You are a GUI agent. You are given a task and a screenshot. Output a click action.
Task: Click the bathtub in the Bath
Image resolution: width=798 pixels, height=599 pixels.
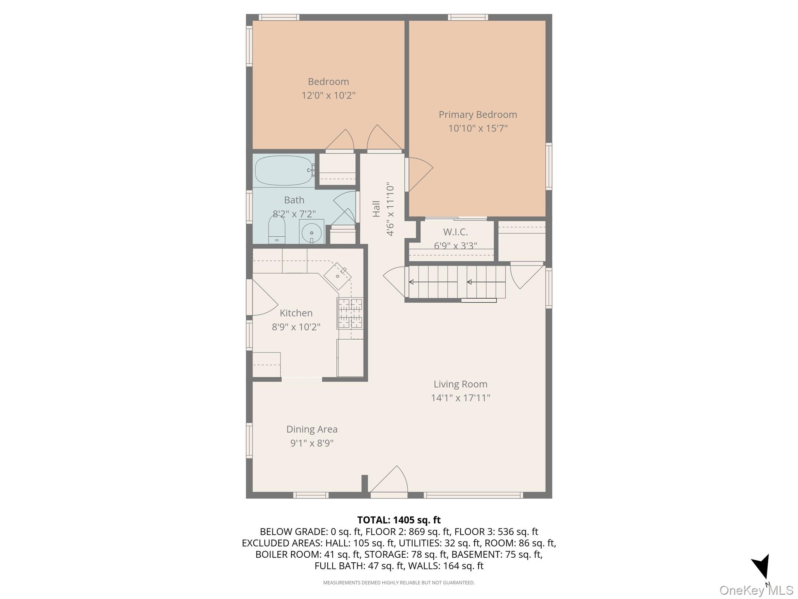pyautogui.click(x=284, y=171)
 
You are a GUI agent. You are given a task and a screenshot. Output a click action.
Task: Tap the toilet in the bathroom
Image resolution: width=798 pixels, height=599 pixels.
pyautogui.click(x=277, y=230)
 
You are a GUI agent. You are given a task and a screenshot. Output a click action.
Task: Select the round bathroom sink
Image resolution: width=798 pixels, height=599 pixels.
pyautogui.click(x=311, y=232)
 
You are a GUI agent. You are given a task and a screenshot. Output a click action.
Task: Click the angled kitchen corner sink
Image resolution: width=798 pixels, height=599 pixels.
pyautogui.click(x=337, y=276)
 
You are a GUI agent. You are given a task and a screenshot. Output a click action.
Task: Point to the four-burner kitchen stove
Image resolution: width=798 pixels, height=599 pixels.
pyautogui.click(x=350, y=314)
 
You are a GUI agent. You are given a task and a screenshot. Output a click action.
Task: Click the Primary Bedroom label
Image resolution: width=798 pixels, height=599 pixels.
pyautogui.click(x=478, y=115)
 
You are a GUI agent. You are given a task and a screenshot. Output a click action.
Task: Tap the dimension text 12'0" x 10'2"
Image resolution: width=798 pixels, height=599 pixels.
pyautogui.click(x=328, y=95)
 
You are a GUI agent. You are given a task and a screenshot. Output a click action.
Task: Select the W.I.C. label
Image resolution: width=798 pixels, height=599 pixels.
pyautogui.click(x=455, y=232)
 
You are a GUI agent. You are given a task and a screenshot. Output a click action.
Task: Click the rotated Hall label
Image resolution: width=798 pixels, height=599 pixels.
pyautogui.click(x=376, y=209)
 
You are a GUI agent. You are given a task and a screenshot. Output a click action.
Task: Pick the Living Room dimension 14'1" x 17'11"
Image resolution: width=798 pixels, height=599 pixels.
pyautogui.click(x=460, y=398)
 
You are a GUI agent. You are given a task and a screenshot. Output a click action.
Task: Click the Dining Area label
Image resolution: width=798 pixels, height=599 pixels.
pyautogui.click(x=312, y=429)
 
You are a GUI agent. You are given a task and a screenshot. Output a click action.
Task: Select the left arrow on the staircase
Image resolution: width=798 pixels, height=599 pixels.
pyautogui.click(x=433, y=282)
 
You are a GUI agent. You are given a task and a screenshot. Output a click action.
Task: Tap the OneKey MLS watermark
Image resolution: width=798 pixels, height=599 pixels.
pyautogui.click(x=756, y=590)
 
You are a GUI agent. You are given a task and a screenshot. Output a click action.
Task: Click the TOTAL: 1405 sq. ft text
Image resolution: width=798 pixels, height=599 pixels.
pyautogui.click(x=399, y=520)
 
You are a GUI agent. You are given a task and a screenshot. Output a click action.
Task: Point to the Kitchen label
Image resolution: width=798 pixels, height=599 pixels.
pyautogui.click(x=296, y=313)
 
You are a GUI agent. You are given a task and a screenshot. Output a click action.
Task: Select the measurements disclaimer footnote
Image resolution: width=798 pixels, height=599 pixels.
pyautogui.click(x=399, y=583)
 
